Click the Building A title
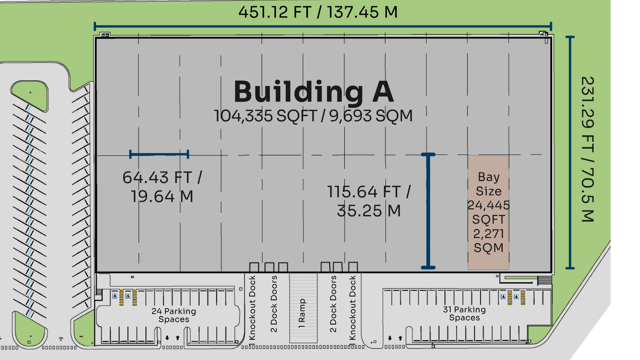[314, 92]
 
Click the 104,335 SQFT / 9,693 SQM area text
[313, 116]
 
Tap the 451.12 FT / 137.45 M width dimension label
[318, 12]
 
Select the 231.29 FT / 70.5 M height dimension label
[588, 149]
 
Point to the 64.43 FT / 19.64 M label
[162, 187]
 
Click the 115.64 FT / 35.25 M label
[369, 201]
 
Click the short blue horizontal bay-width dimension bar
[159, 154]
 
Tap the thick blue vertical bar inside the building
[428, 211]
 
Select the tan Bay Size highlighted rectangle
[488, 212]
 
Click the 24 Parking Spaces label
[174, 315]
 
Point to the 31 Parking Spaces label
[464, 313]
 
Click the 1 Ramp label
[302, 313]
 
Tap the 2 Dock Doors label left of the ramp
[274, 304]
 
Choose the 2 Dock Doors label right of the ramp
[333, 304]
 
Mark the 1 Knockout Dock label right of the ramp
[352, 308]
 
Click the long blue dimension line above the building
[323, 26]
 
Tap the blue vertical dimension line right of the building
[570, 152]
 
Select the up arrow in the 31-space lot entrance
[400, 338]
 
